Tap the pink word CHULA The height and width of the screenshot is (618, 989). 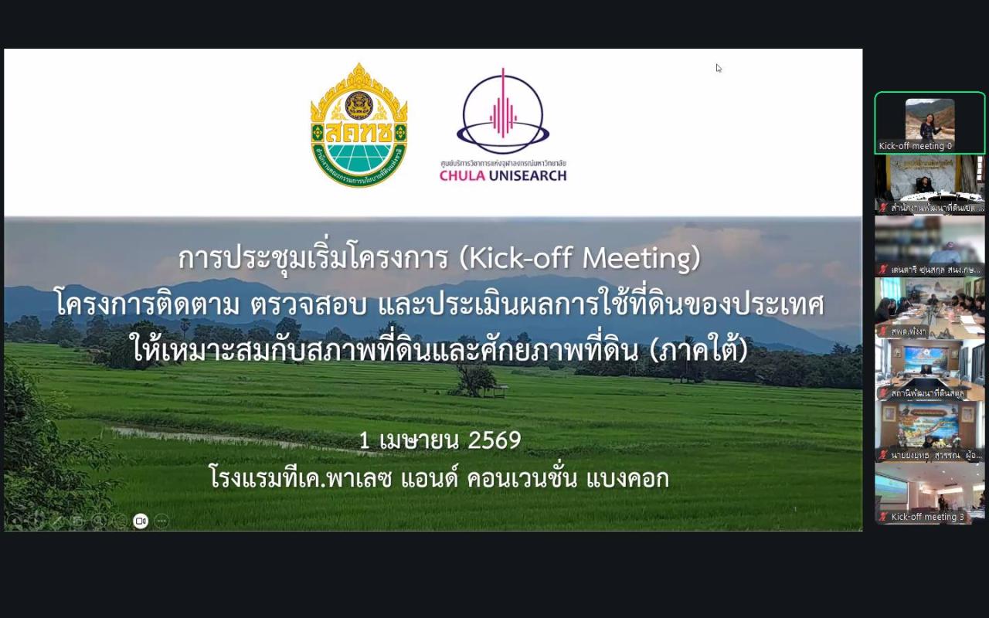click(461, 175)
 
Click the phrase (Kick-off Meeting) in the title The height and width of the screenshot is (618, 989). click(579, 258)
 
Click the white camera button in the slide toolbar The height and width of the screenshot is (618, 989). click(141, 521)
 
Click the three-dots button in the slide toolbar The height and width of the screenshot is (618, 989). click(161, 521)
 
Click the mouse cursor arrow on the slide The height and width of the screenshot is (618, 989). click(718, 67)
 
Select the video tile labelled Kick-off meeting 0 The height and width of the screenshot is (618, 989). click(930, 123)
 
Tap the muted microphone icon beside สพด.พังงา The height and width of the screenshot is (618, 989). click(883, 331)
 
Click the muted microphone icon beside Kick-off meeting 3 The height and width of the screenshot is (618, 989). click(883, 517)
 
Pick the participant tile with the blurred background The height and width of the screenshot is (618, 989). click(930, 246)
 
